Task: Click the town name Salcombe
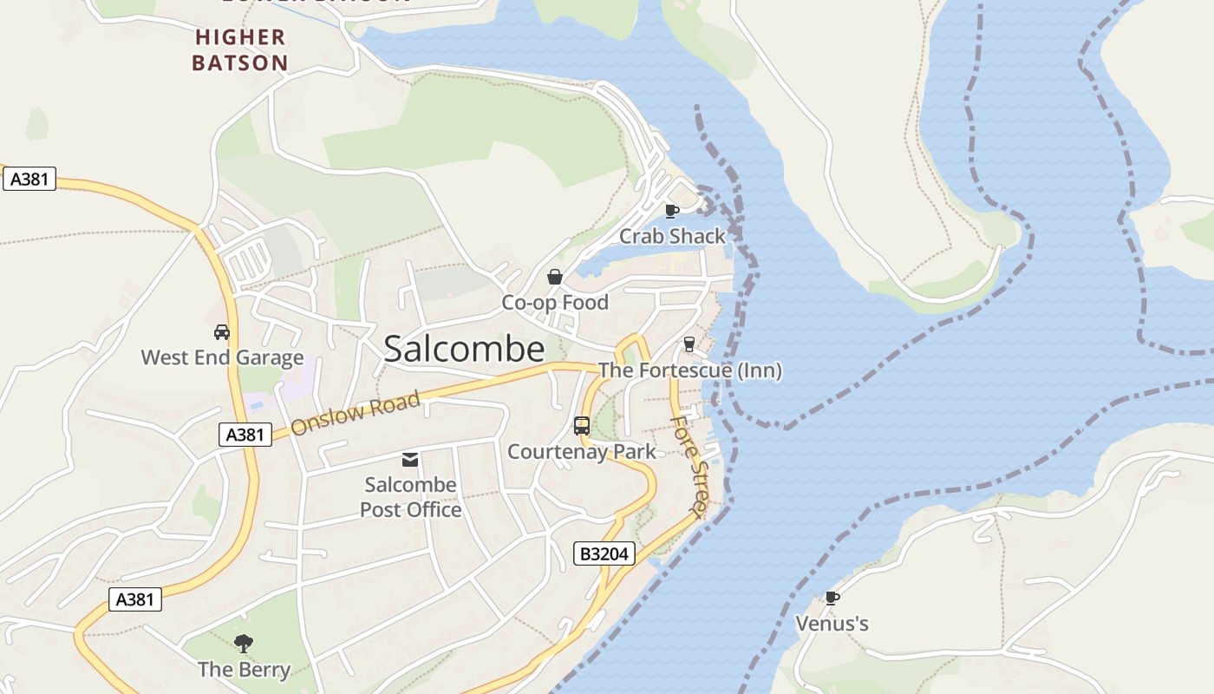464,349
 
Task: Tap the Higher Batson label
240,49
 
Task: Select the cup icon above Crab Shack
671,211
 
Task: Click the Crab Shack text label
672,236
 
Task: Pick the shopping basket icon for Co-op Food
555,278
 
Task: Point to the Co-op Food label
555,303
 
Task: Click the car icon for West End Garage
222,332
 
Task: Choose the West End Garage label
222,357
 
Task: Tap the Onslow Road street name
356,414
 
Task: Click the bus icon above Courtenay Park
582,426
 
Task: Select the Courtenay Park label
582,452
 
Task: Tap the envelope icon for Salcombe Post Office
410,460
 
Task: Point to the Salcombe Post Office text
410,497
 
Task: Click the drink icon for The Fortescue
689,344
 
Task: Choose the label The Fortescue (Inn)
689,370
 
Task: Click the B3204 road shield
604,553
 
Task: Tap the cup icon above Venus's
832,598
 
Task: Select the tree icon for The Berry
244,644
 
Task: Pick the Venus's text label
832,624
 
